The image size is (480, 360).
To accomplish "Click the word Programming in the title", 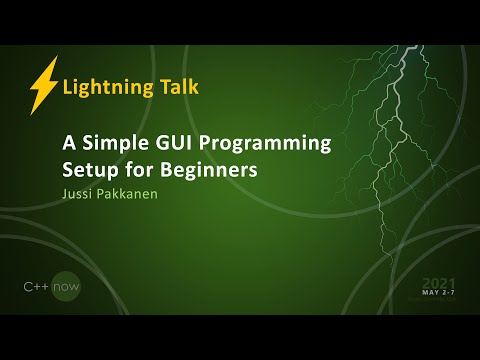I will [268, 144].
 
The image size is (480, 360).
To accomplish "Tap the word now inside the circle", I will [67, 287].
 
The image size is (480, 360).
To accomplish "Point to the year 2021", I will [441, 283].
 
